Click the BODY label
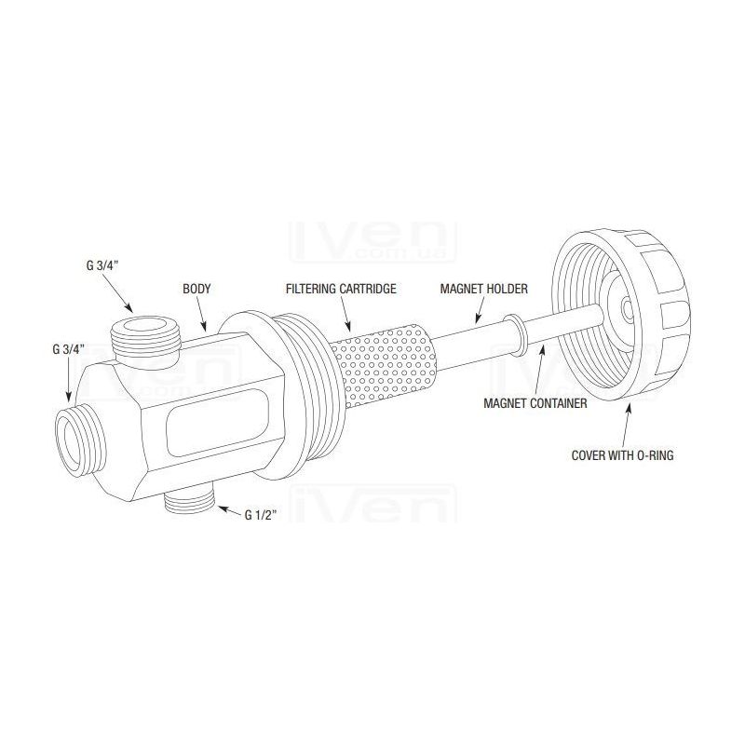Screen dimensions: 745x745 click(x=196, y=289)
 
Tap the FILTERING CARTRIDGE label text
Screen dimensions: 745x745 click(x=341, y=289)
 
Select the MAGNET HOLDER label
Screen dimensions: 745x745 click(x=483, y=289)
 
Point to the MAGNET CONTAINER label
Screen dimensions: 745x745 click(x=535, y=403)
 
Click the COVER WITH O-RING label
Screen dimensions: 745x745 click(x=622, y=455)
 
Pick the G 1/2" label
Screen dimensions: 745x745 click(x=261, y=515)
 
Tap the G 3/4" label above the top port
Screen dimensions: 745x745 click(x=102, y=266)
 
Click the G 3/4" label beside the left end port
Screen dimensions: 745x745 click(x=68, y=350)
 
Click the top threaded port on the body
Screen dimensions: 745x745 click(x=145, y=336)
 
